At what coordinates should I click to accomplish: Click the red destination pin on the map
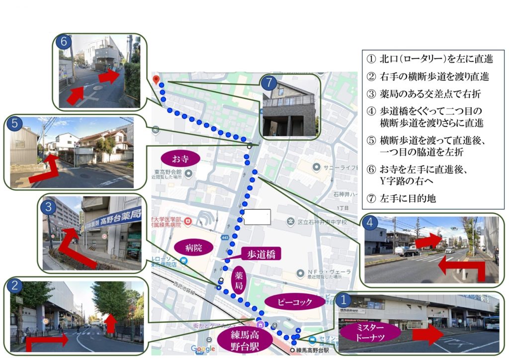point(158,80)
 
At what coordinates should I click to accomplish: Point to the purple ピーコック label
point(295,301)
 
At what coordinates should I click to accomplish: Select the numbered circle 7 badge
point(268,82)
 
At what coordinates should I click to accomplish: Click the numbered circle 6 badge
point(63,42)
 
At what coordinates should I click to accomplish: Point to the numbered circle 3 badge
point(48,207)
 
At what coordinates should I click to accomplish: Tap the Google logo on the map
point(203,349)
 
